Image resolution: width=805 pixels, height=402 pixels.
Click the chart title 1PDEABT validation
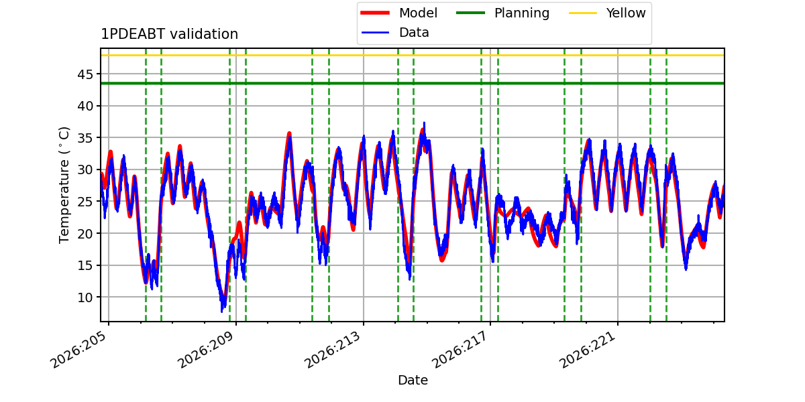pos(169,34)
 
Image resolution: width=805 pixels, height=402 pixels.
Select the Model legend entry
pos(399,13)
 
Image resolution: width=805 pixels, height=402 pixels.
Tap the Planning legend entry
pos(502,13)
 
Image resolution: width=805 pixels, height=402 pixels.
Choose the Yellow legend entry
pos(607,13)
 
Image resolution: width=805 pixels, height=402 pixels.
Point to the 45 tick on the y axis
pos(85,74)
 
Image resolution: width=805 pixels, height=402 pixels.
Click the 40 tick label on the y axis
pos(85,107)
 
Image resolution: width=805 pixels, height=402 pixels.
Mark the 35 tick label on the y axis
pos(85,138)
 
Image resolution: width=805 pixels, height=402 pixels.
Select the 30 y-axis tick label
pos(85,170)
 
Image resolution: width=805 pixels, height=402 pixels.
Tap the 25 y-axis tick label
pos(85,202)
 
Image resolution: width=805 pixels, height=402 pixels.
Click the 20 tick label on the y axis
pos(85,234)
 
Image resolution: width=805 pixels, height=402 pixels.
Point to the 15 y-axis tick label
pos(85,265)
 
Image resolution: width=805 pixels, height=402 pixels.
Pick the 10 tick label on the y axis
pos(85,297)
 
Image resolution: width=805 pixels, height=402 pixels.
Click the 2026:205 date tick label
pos(78,350)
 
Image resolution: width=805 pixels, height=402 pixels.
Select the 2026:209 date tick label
pos(207,350)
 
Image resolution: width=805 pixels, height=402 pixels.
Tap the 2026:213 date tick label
pos(333,350)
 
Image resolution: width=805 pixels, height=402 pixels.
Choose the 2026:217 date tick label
pos(460,350)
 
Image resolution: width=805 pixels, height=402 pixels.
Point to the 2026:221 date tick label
pos(588,350)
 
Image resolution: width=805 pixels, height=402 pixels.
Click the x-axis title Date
pos(413,380)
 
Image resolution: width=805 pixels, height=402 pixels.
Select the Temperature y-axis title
pos(64,185)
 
